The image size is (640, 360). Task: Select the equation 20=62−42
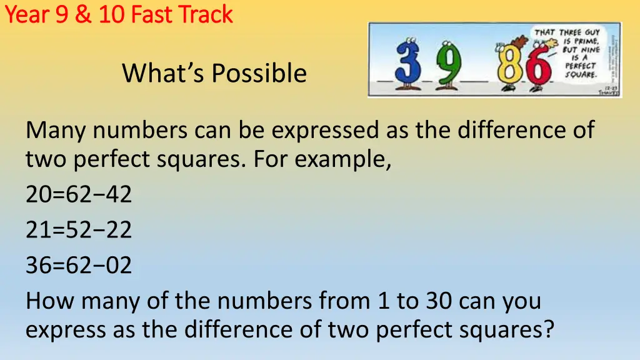pyautogui.click(x=79, y=195)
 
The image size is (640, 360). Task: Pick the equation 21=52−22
pyautogui.click(x=79, y=231)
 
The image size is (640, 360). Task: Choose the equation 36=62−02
pyautogui.click(x=79, y=266)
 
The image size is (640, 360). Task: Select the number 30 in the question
pyautogui.click(x=435, y=301)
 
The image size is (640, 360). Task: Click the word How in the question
pyautogui.click(x=51, y=301)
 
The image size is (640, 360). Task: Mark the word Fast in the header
pyautogui.click(x=152, y=14)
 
